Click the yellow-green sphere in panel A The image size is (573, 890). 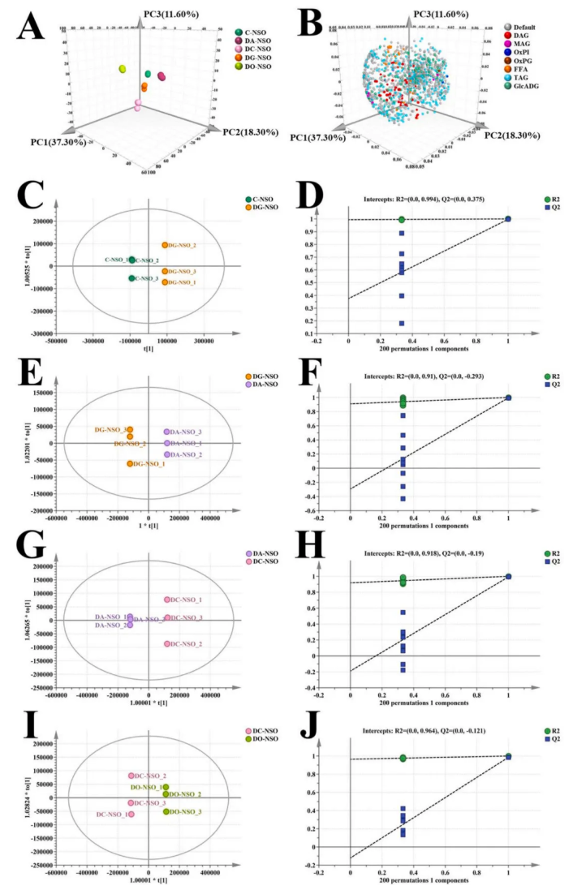coord(123,71)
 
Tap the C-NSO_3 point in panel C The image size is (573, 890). coord(131,278)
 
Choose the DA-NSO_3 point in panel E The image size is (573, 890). coord(167,432)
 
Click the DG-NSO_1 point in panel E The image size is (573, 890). coord(130,463)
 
